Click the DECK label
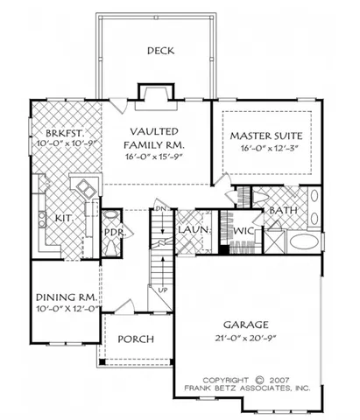pyautogui.click(x=160, y=51)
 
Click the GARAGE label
pyautogui.click(x=248, y=321)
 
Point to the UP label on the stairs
pyautogui.click(x=163, y=289)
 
